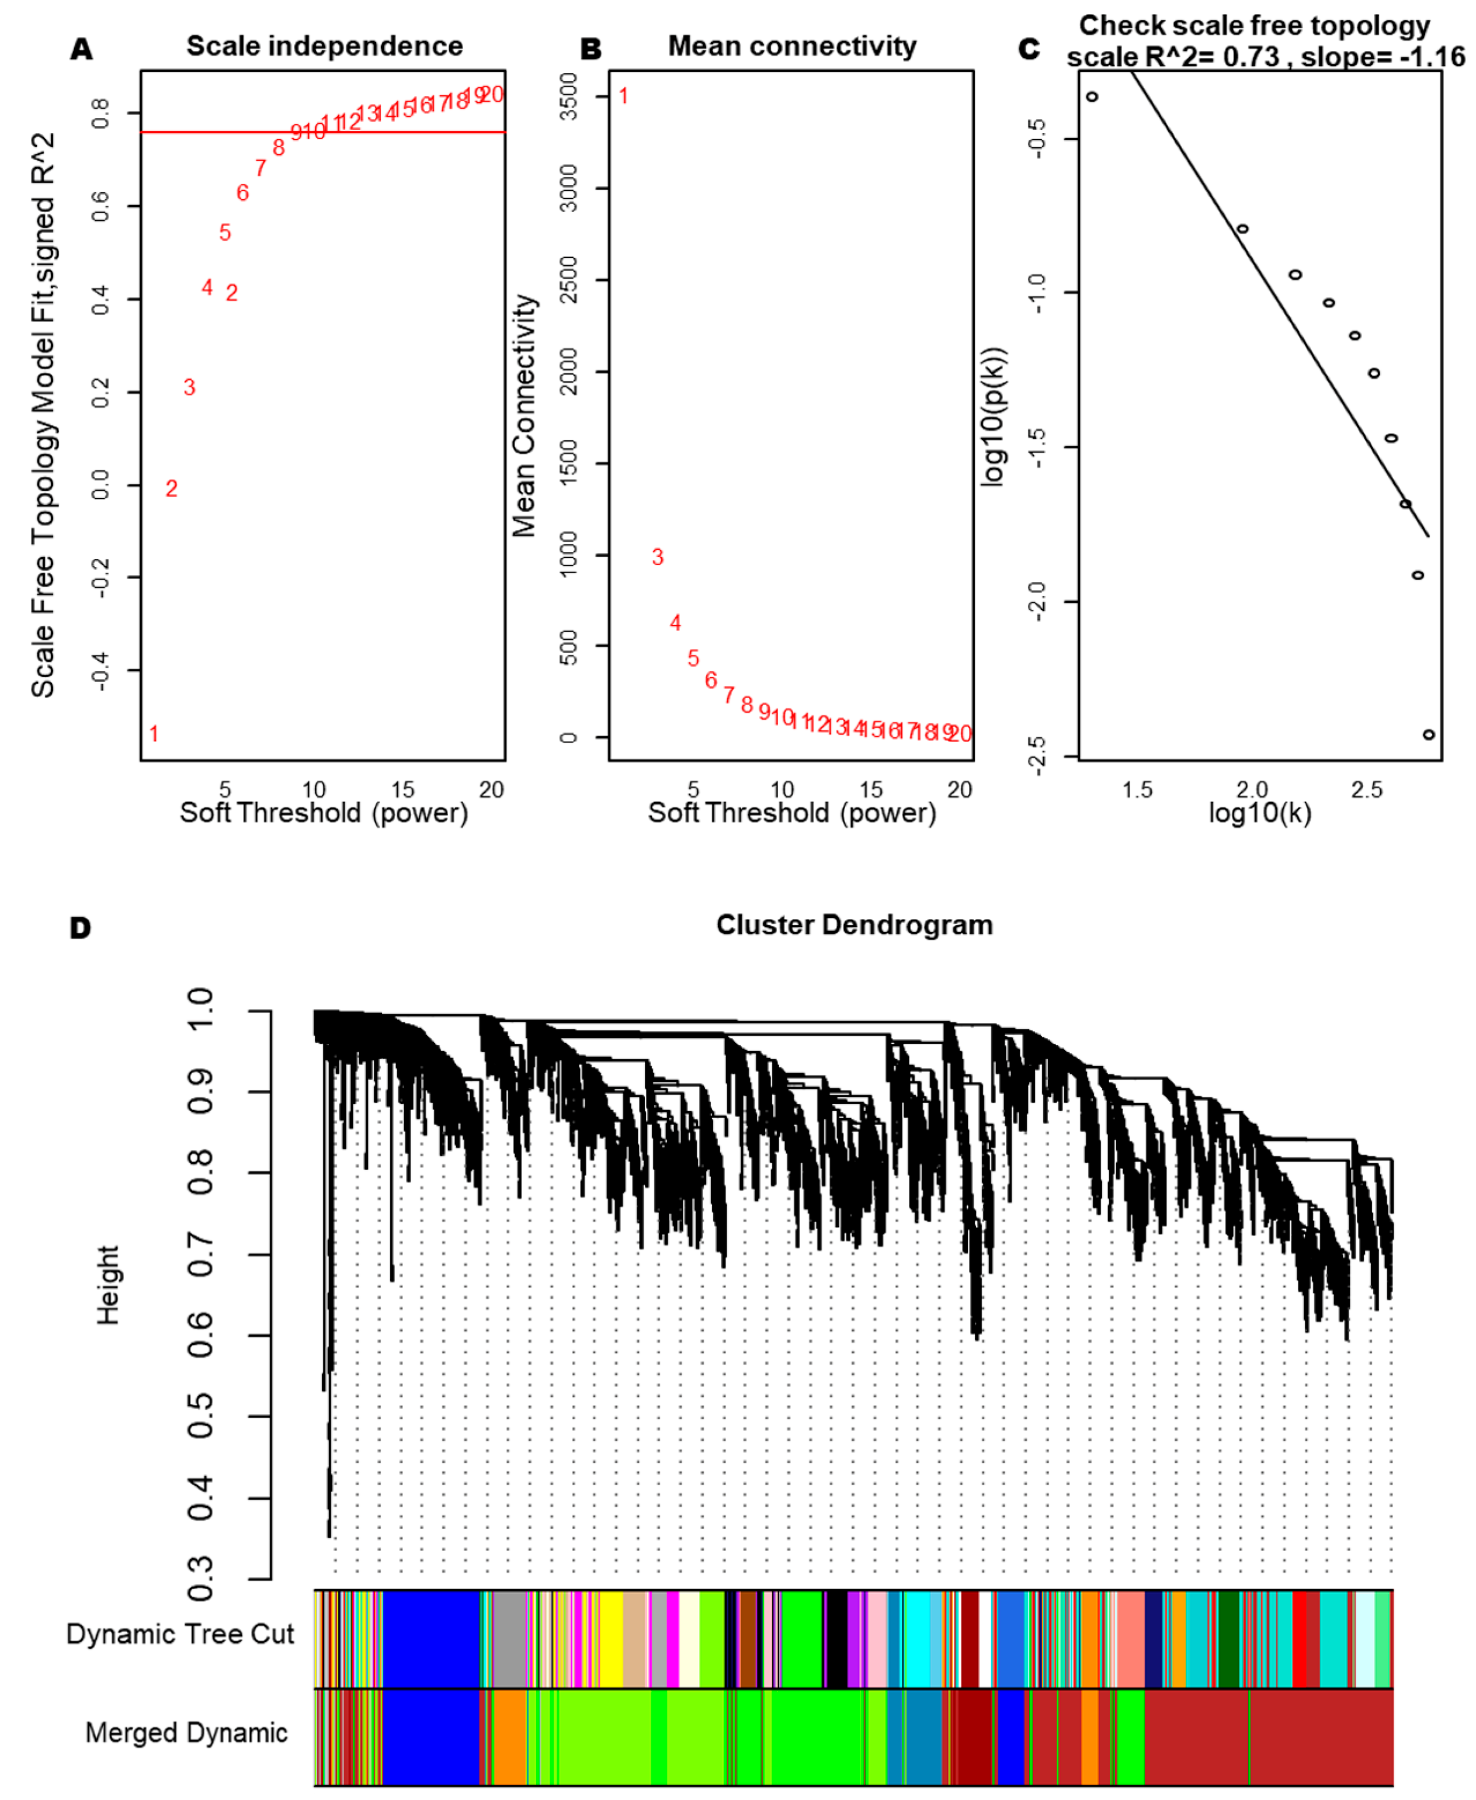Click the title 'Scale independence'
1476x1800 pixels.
pos(325,46)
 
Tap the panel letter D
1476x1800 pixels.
pos(80,928)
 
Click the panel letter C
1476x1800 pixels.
pos(1029,49)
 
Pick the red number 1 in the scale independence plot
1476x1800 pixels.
pos(154,734)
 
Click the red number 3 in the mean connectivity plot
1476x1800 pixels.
pos(657,557)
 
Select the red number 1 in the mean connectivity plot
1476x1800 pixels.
pos(623,96)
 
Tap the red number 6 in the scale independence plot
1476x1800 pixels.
pos(242,193)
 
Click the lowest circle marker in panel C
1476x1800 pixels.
pos(1428,734)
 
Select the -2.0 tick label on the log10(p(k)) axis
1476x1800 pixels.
pos(1036,601)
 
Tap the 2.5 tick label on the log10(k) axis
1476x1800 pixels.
pos(1366,790)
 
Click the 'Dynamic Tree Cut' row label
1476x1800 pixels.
pos(180,1633)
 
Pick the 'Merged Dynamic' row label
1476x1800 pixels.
pos(186,1732)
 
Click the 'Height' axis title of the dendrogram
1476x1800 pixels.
pos(108,1285)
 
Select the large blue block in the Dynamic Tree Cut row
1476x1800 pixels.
pos(431,1638)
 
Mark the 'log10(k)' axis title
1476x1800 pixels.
pos(1259,814)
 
